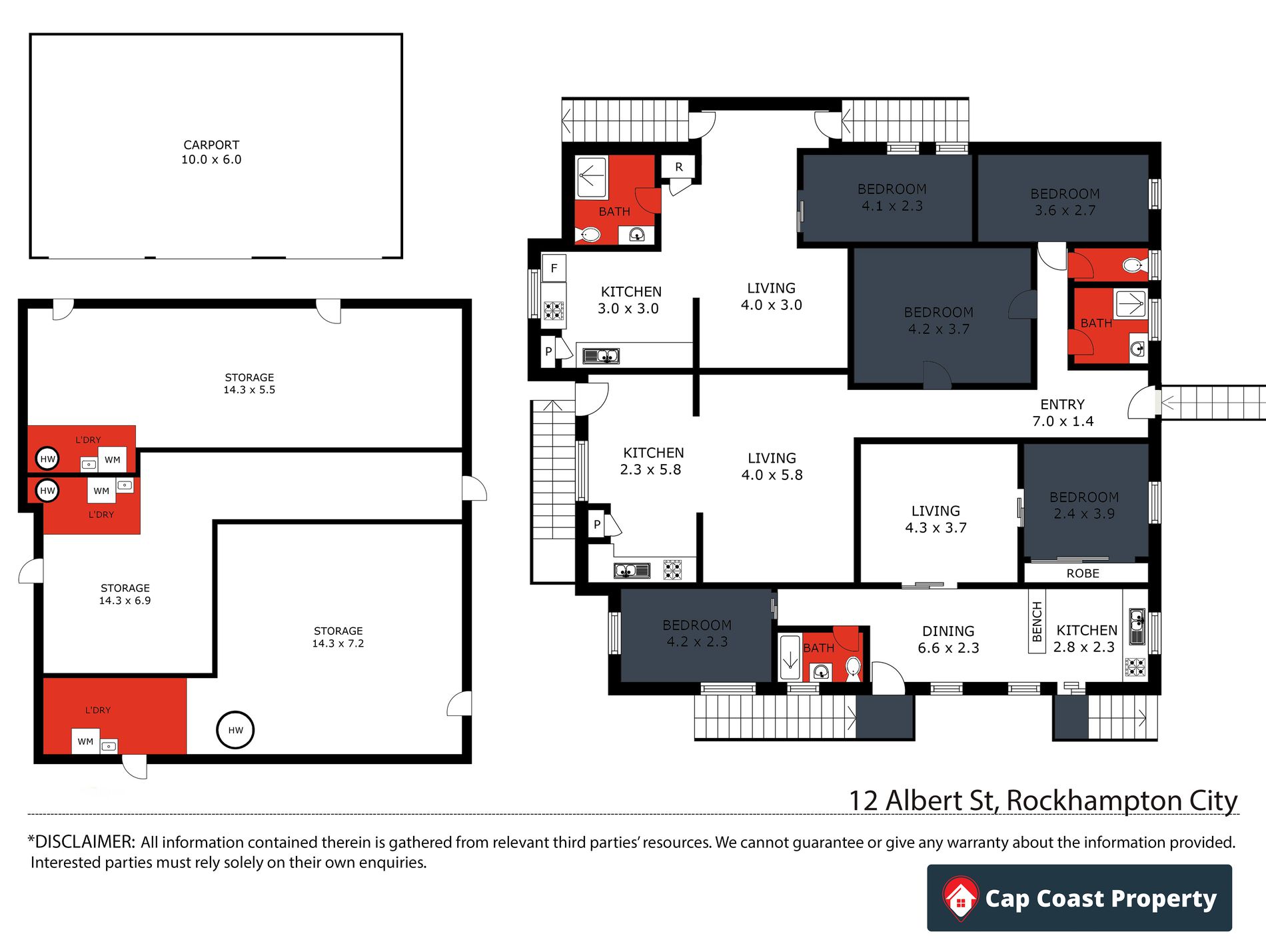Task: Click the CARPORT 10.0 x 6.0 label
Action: point(211,152)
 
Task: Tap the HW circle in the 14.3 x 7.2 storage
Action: point(235,730)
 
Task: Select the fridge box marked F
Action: point(554,268)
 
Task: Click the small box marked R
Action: point(678,167)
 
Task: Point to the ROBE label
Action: point(1083,573)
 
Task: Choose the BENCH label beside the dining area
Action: point(1037,621)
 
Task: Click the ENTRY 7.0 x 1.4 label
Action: point(1063,413)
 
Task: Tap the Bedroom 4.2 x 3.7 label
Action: point(939,321)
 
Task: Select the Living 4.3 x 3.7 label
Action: point(936,519)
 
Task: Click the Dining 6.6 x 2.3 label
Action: point(948,639)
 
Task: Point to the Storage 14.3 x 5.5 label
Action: point(249,383)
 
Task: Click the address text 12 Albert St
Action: point(924,801)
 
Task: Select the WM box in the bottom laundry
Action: point(85,741)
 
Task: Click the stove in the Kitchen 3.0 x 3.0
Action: point(554,311)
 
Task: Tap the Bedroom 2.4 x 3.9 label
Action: point(1084,505)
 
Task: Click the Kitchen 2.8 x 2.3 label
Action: point(1086,638)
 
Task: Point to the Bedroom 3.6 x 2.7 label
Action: point(1065,202)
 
